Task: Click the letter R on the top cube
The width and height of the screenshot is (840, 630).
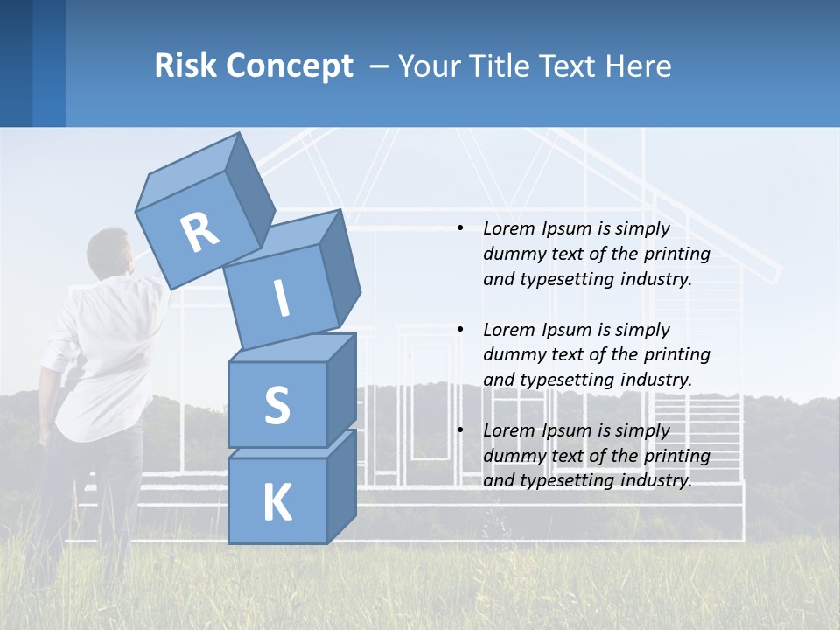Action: pyautogui.click(x=199, y=233)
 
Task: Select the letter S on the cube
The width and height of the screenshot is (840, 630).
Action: pyautogui.click(x=276, y=406)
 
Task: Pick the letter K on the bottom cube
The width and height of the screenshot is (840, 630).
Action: pyautogui.click(x=276, y=503)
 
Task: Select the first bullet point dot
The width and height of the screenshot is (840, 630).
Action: pyautogui.click(x=460, y=228)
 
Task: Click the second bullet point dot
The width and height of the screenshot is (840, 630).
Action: pyautogui.click(x=460, y=330)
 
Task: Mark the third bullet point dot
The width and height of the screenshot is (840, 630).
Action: pyautogui.click(x=460, y=430)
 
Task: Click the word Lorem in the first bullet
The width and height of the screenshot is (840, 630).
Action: pyautogui.click(x=507, y=228)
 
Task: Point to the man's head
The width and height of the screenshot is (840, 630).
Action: pyautogui.click(x=111, y=253)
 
